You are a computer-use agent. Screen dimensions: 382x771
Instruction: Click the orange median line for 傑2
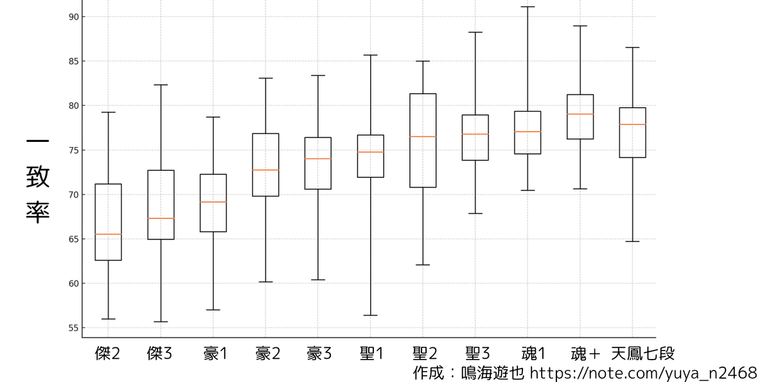coord(108,234)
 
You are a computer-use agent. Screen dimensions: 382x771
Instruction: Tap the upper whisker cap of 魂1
coord(528,6)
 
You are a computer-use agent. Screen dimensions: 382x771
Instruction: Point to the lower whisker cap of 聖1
coord(371,315)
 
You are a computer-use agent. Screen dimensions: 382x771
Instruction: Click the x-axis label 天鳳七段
coord(642,354)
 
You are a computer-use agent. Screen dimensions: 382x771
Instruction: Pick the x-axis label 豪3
coord(319,354)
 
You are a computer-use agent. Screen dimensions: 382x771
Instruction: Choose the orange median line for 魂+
coord(580,114)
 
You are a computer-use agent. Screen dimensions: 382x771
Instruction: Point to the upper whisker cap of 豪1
coord(213,117)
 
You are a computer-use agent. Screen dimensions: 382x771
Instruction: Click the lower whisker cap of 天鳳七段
coord(633,241)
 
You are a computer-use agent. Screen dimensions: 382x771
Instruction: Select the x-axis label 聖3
coord(477,354)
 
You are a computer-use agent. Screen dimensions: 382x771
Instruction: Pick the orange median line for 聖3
coord(475,134)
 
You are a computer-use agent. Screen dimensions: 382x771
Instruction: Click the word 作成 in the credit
coord(429,373)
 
